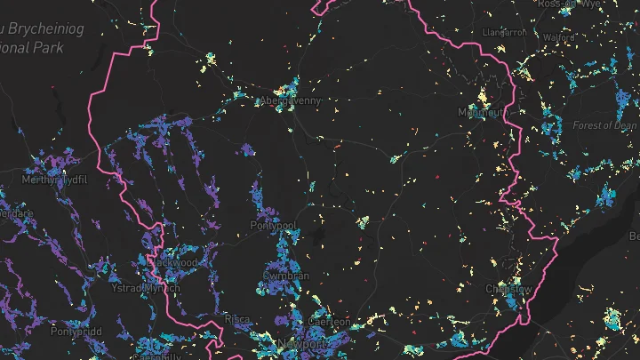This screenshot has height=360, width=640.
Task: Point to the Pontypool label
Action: pyautogui.click(x=272, y=227)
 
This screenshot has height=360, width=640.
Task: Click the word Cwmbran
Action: pyautogui.click(x=286, y=276)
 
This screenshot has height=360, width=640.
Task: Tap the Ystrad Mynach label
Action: pyautogui.click(x=144, y=288)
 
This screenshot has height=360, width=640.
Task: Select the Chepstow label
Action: pyautogui.click(x=508, y=289)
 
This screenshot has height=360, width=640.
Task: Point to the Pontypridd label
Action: pyautogui.click(x=77, y=331)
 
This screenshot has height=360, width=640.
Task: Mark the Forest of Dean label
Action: pyautogui.click(x=604, y=126)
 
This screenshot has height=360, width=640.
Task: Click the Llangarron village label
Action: pyautogui.click(x=504, y=33)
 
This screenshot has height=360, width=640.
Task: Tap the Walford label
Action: pyautogui.click(x=557, y=38)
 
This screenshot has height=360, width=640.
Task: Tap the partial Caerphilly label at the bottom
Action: pyautogui.click(x=156, y=356)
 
